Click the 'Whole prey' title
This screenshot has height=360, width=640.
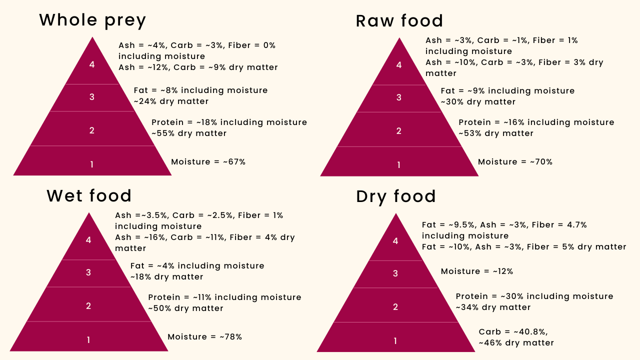pos(92,20)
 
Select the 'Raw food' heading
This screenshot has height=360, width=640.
pos(399,21)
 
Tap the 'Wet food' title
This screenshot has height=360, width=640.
pos(89,195)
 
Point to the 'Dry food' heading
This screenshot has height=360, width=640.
pos(396,196)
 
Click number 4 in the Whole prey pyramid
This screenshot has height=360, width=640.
pos(92,64)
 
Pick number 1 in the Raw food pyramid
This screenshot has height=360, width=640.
pos(398,165)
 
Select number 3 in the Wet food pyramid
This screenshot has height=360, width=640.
pos(88,272)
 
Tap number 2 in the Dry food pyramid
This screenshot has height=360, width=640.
pos(395,307)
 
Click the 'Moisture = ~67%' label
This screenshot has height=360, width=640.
pos(208,162)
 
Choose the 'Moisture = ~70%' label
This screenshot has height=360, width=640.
pos(515,162)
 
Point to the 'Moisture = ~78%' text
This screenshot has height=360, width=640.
pos(204,337)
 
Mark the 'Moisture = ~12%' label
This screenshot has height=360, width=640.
pos(477,271)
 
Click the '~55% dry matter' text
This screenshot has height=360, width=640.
pos(189,133)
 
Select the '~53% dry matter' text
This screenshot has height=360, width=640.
pos(496,133)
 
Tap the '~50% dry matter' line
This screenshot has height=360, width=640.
pos(185,308)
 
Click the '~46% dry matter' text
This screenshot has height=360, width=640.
pos(516,343)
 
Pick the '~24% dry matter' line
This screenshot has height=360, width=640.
pos(171,101)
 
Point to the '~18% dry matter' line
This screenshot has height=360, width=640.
pos(167,277)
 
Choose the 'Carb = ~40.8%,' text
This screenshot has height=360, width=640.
pos(513,332)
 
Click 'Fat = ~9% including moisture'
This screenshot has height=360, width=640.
pos(507,91)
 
